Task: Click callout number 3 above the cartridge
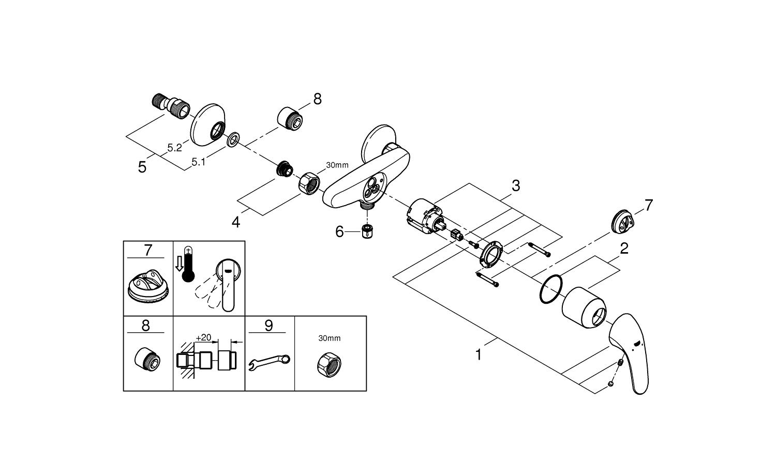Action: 515,185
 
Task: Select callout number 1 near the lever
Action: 479,355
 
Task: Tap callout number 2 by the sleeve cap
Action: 624,249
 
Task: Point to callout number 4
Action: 236,222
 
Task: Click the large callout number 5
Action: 142,167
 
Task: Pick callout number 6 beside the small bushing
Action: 339,231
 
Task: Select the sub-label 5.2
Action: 175,148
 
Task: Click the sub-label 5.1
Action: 199,162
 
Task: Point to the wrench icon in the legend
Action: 269,360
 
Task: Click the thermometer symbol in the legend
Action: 189,263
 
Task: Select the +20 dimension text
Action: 203,337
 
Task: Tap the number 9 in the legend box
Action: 268,326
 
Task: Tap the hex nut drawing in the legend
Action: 329,365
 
